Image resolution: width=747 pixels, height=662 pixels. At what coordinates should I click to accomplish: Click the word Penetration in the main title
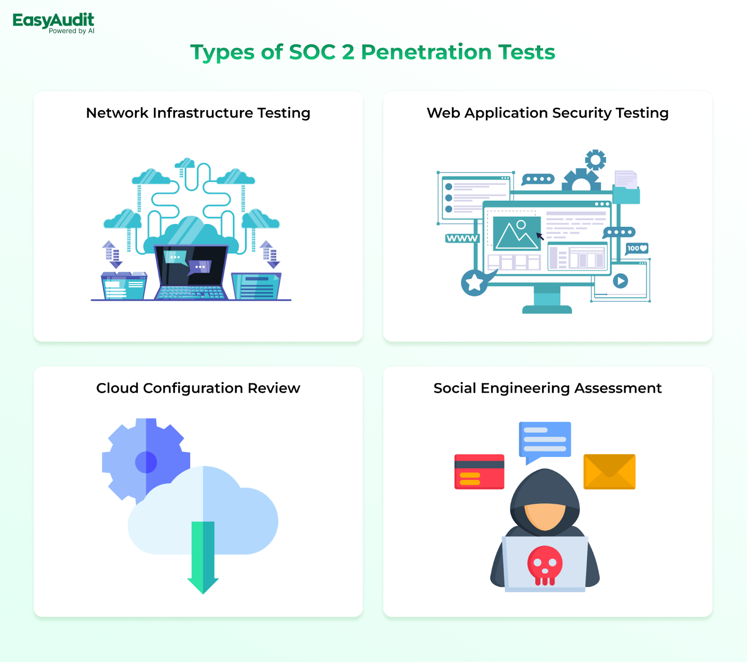pyautogui.click(x=426, y=52)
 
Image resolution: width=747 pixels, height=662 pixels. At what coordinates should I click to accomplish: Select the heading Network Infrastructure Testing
pyautogui.click(x=198, y=113)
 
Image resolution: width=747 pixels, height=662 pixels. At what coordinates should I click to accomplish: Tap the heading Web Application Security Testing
pyautogui.click(x=548, y=113)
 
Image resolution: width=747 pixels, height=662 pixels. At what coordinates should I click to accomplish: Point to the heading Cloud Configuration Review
pyautogui.click(x=198, y=388)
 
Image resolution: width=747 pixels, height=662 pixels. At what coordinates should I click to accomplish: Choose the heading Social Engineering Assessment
pyautogui.click(x=548, y=388)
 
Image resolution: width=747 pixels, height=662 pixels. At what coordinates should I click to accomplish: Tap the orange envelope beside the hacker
pyautogui.click(x=609, y=472)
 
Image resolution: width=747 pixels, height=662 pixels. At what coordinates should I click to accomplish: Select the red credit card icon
pyautogui.click(x=479, y=472)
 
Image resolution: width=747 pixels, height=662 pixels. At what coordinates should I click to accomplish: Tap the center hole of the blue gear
pyautogui.click(x=146, y=462)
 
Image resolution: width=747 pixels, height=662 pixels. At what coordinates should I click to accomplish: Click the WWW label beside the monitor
pyautogui.click(x=462, y=239)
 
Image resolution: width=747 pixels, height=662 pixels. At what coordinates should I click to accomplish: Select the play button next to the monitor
pyautogui.click(x=620, y=281)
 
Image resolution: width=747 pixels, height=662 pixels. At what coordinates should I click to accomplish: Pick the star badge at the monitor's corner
pyautogui.click(x=474, y=282)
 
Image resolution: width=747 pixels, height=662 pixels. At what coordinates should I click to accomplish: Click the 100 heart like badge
pyautogui.click(x=637, y=248)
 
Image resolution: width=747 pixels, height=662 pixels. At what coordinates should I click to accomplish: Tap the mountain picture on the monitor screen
pyautogui.click(x=517, y=232)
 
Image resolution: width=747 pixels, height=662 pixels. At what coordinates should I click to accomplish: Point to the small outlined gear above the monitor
pyautogui.click(x=595, y=160)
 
